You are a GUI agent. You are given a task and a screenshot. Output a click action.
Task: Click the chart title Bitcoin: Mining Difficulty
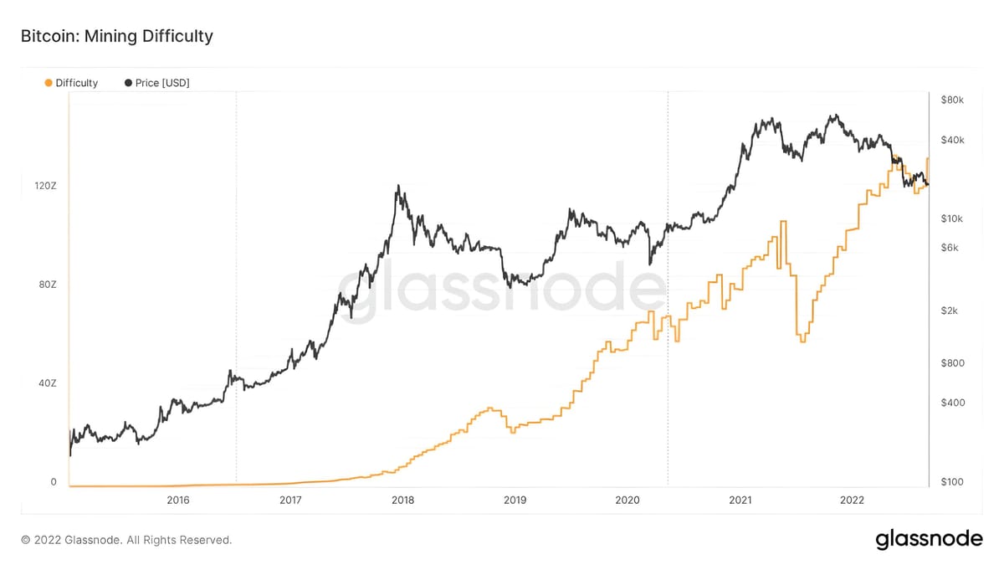tap(116, 36)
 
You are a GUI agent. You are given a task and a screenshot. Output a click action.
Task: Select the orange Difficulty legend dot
tap(49, 83)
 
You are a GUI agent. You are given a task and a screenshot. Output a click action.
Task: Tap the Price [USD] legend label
tap(162, 83)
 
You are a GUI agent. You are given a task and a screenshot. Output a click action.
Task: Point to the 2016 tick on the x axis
tap(178, 501)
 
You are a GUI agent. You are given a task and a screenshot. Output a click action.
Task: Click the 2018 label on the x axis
tap(402, 501)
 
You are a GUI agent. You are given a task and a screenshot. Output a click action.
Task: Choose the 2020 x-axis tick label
tap(627, 501)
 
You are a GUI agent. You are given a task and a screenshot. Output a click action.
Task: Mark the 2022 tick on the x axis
tap(852, 501)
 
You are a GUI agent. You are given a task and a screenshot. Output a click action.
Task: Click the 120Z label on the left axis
tap(45, 185)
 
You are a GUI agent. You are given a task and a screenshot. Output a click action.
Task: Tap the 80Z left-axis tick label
tap(47, 285)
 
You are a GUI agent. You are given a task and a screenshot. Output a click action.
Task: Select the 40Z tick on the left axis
tap(47, 383)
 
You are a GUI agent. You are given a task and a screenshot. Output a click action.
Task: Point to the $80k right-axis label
tap(952, 100)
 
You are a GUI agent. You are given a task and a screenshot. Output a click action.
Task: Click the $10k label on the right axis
tap(952, 218)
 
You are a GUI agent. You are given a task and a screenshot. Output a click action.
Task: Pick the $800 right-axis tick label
tap(952, 363)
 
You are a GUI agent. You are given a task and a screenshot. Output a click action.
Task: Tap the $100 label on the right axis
tap(952, 483)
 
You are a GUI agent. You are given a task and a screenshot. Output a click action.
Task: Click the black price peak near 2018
tap(398, 187)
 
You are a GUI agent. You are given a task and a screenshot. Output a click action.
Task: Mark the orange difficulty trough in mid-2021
tap(802, 341)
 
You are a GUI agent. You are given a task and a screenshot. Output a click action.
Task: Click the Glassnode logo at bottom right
tap(929, 540)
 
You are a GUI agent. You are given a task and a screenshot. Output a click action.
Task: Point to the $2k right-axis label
tap(950, 311)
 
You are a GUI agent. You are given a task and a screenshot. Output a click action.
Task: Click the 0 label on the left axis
tap(54, 482)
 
